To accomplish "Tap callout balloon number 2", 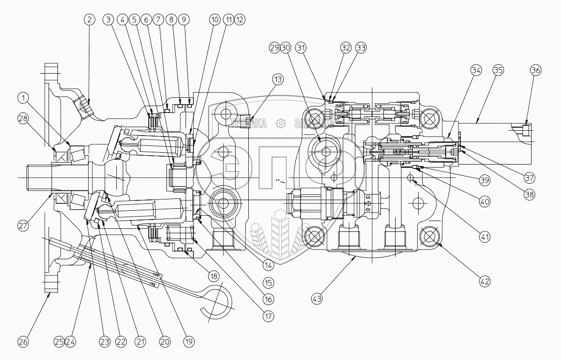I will pos(89,20).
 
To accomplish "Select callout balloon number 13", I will pos(278,79).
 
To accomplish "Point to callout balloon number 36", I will pos(535,70).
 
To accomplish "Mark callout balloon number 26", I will pos(24,341).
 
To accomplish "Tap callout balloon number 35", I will pos(498,70).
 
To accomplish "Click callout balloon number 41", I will pos(485,237).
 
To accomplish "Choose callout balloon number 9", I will pos(183,20).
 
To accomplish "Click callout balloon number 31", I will pos(301,48).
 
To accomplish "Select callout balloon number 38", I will pos(529,194).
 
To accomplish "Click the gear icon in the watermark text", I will pos(281,123).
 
